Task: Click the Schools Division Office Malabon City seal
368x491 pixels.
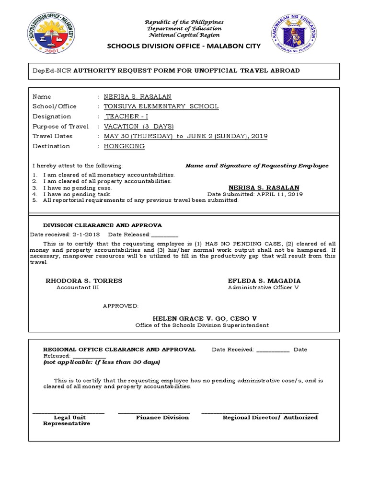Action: click(x=51, y=34)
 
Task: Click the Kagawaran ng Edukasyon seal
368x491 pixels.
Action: click(x=295, y=34)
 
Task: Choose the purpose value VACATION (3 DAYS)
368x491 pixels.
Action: click(x=138, y=127)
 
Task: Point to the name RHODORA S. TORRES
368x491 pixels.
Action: click(x=84, y=281)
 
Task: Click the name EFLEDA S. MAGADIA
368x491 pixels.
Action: click(x=264, y=281)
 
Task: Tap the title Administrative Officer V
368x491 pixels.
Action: click(x=264, y=288)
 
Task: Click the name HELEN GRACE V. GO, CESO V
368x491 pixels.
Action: click(x=205, y=318)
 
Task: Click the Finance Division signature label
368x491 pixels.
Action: click(x=162, y=418)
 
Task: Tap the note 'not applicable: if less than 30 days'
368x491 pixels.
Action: click(x=102, y=362)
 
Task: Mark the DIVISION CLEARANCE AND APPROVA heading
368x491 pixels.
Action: click(x=103, y=225)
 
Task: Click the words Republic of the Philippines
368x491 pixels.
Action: click(x=184, y=23)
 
